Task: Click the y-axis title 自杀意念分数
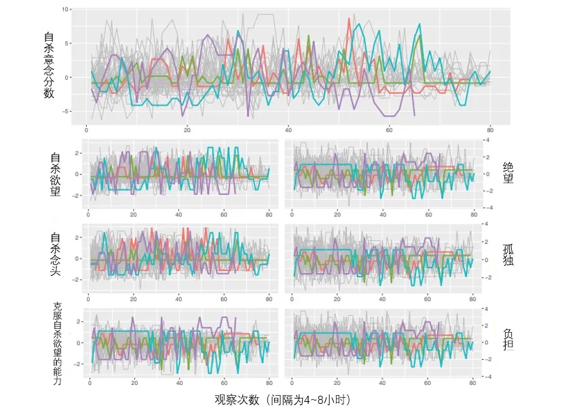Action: click(x=49, y=65)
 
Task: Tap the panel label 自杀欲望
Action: click(x=56, y=174)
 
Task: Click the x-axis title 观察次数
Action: click(x=284, y=398)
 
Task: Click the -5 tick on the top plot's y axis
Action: click(x=65, y=111)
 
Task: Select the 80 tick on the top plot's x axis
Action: click(x=489, y=131)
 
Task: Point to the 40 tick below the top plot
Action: click(x=288, y=131)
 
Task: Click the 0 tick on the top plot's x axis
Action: click(x=87, y=131)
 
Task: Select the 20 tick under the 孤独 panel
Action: click(x=337, y=299)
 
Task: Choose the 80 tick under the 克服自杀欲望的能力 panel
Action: click(x=269, y=382)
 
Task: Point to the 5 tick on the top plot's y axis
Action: click(x=67, y=43)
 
